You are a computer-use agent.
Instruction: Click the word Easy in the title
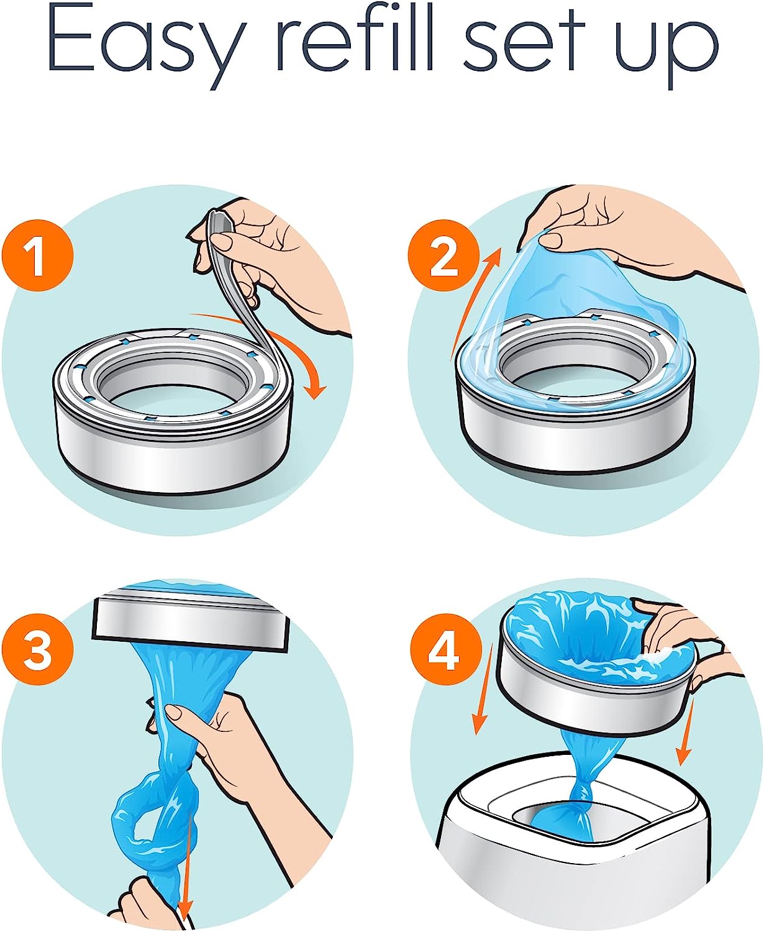146,47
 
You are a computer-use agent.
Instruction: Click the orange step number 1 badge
37,255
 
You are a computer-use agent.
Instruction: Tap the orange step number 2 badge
444,255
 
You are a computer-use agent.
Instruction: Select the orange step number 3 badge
37,649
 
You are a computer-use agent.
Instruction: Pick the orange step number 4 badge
444,649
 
